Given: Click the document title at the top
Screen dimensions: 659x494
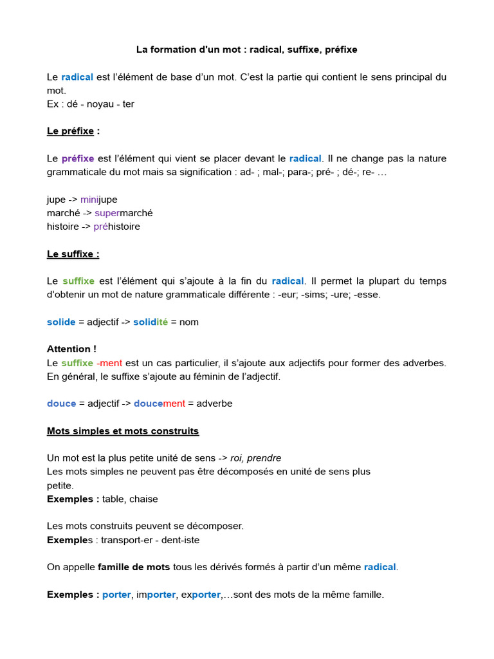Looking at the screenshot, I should pyautogui.click(x=246, y=50).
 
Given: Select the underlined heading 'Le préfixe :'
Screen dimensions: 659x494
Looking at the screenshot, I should pyautogui.click(x=73, y=131).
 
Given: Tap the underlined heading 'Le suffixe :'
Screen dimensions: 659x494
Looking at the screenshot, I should pyautogui.click(x=73, y=254).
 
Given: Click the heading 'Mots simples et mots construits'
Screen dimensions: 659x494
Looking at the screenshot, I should pyautogui.click(x=123, y=431).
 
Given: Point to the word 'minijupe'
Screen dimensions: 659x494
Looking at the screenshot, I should pyautogui.click(x=99, y=200).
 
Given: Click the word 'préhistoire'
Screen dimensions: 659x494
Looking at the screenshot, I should pyautogui.click(x=116, y=227).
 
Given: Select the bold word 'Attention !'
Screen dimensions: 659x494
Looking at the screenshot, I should pyautogui.click(x=71, y=349).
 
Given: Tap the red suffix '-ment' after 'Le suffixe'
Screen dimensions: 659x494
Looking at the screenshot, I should pyautogui.click(x=109, y=363).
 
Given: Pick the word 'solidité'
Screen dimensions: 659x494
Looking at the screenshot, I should pyautogui.click(x=151, y=322).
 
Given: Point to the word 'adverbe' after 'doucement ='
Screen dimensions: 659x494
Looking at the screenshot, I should pyautogui.click(x=214, y=404).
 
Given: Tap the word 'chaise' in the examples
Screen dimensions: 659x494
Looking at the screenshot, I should pyautogui.click(x=144, y=499).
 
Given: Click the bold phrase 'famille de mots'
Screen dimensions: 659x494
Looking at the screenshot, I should pyautogui.click(x=134, y=567).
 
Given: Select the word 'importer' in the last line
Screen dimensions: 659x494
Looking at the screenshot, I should pyautogui.click(x=156, y=595).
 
